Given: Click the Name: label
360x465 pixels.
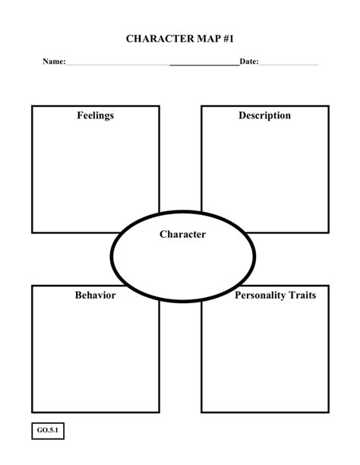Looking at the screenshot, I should (x=53, y=61).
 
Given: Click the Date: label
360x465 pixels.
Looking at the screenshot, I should (x=249, y=61).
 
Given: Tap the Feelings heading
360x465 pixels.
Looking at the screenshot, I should (x=95, y=115).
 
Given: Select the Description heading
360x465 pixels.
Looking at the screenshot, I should (x=264, y=115).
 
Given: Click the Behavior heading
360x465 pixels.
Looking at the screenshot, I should (x=95, y=295).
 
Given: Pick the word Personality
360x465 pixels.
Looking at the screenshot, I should (x=260, y=295).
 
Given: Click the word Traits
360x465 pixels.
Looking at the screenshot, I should (x=302, y=295).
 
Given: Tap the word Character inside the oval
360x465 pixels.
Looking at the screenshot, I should (x=182, y=235).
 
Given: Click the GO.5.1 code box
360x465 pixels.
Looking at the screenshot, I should (x=47, y=431).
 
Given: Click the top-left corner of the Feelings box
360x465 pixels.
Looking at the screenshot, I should (x=32, y=106).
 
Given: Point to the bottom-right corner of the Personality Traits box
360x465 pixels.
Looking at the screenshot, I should (x=329, y=413).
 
